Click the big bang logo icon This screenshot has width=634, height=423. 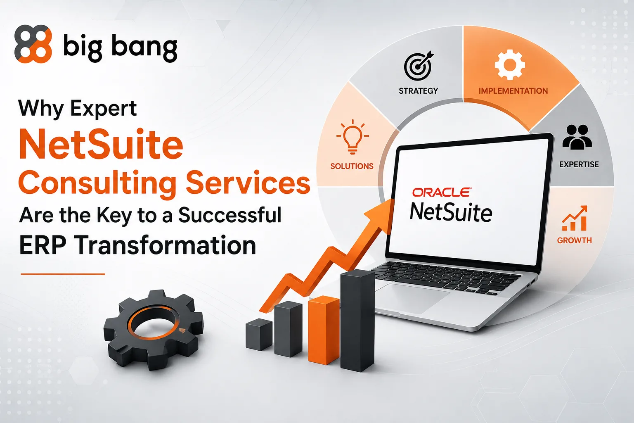coord(33,44)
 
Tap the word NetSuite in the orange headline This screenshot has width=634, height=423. coord(101,145)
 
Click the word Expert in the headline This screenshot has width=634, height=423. coord(103,109)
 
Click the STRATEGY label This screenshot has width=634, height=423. coord(418,90)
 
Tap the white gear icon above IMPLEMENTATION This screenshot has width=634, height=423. coord(510,64)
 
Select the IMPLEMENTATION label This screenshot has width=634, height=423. coord(513,90)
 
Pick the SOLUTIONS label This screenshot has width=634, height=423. coord(352,166)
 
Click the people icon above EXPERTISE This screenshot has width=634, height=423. coord(577,137)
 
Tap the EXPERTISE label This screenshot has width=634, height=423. coord(579,164)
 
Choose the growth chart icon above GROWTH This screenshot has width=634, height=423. coord(575,218)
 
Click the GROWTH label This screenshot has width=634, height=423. coord(574,240)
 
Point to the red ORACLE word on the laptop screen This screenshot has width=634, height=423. coord(442,192)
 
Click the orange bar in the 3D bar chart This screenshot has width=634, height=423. coord(324,330)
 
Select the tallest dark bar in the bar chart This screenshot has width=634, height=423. coord(357,321)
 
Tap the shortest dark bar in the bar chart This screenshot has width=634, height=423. coord(259,334)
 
